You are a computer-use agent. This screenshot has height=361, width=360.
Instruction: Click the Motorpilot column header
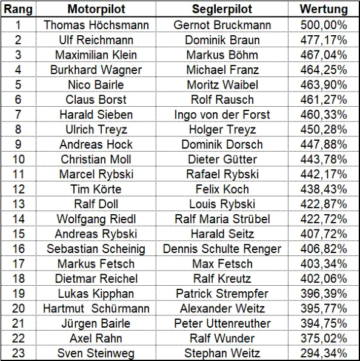96,9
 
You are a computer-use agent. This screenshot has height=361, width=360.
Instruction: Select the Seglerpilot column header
222,9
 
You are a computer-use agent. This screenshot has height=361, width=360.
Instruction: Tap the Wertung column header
324,9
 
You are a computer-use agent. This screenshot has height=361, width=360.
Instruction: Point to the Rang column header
18,9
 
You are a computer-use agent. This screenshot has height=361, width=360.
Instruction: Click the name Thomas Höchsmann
96,25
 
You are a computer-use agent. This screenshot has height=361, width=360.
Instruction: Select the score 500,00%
324,25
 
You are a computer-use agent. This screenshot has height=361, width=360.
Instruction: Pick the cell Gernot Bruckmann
222,25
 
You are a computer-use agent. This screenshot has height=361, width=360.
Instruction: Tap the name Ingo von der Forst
222,115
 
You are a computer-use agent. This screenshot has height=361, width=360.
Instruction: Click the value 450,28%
324,129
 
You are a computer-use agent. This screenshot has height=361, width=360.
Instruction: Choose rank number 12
18,189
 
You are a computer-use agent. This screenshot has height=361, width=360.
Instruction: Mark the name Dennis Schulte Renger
222,249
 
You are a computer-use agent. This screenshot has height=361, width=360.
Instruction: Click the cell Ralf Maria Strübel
222,219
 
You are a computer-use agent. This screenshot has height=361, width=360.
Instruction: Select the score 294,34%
324,353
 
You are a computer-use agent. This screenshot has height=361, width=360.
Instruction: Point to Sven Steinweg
96,353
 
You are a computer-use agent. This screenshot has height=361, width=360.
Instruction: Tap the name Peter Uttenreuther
222,323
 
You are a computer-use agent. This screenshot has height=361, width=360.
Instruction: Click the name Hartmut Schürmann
96,308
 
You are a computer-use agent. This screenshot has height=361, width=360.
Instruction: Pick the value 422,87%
324,204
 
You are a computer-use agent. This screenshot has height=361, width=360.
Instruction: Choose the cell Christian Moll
96,160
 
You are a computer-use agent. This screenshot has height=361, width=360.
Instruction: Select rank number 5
18,85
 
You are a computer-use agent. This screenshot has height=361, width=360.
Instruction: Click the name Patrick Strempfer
222,294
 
